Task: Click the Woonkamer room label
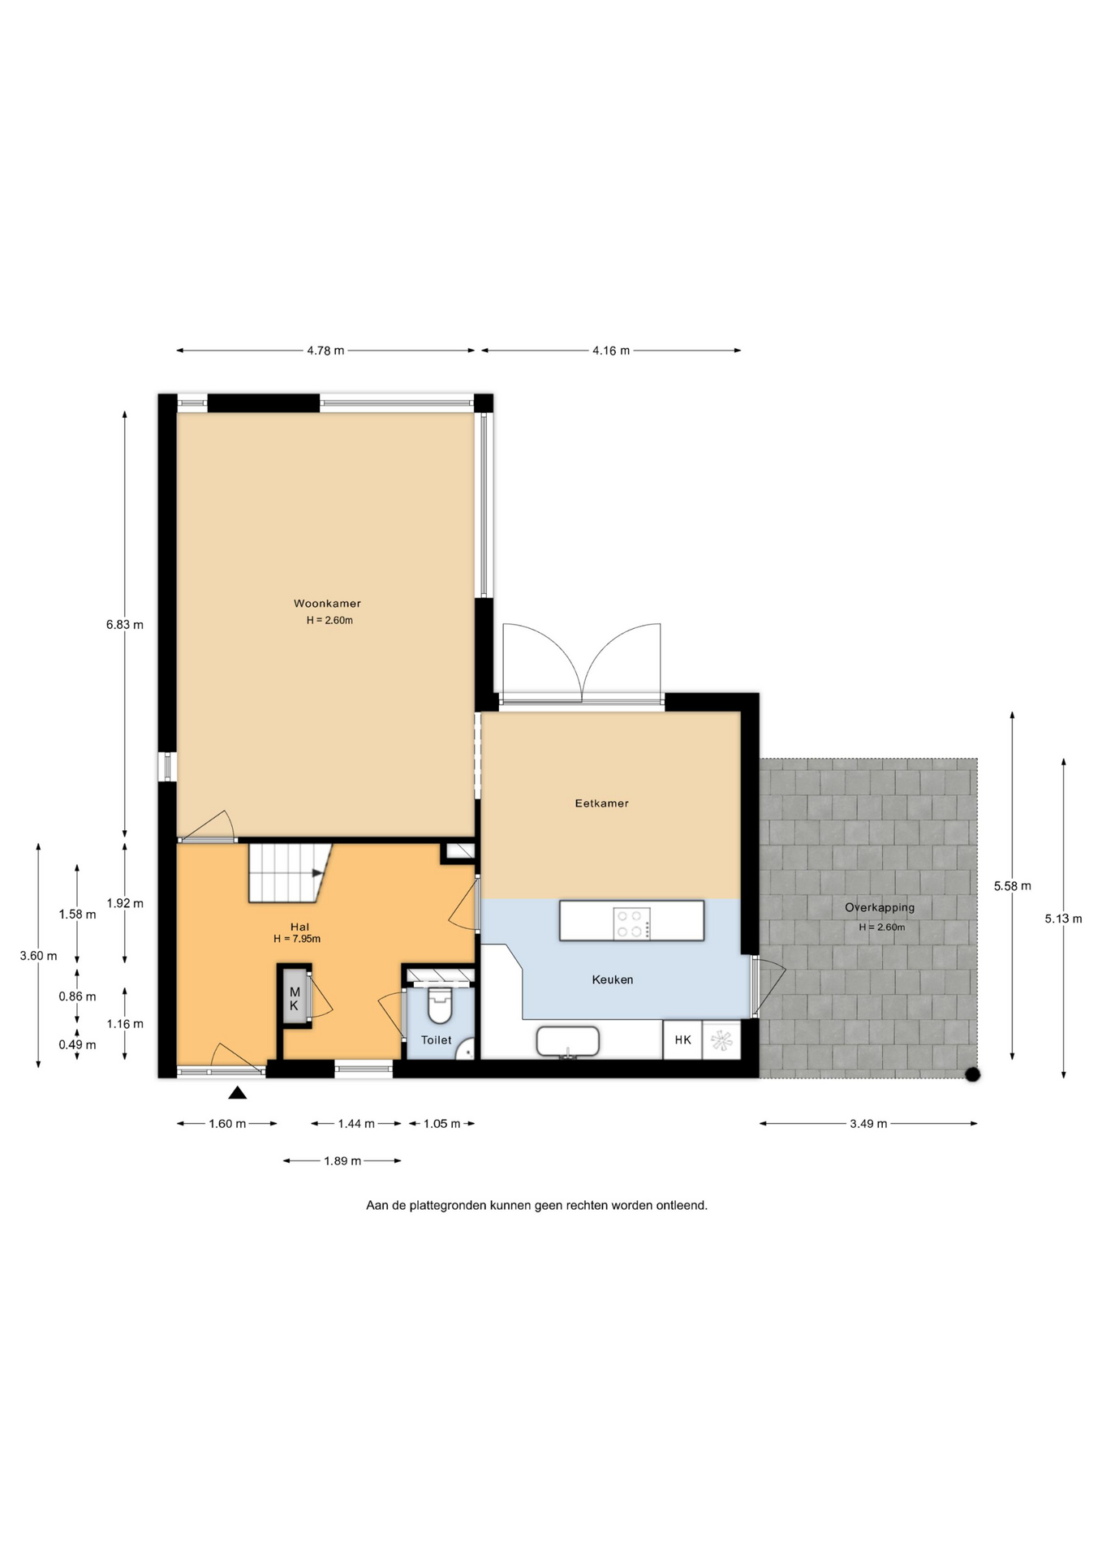327,603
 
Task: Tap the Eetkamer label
601,803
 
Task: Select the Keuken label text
613,979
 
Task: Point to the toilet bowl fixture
439,1005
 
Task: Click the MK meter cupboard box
295,999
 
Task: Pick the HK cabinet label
682,1039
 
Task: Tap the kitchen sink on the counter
568,1042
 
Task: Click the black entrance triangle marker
237,1093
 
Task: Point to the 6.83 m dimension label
124,625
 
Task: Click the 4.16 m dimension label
611,351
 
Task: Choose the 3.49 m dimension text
868,1124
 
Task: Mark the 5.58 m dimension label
1013,886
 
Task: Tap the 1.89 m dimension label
342,1161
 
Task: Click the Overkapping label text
880,908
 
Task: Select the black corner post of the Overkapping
972,1075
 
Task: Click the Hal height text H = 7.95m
297,939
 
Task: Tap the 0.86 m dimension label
77,996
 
